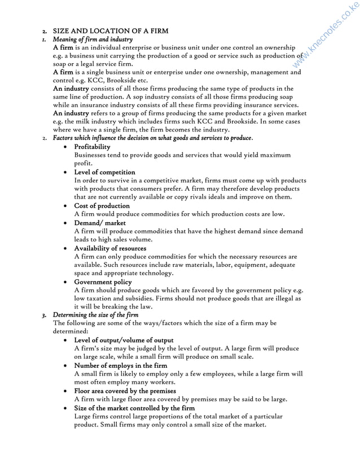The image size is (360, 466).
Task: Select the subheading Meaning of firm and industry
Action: tap(93, 39)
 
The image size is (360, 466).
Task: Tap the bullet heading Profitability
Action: tap(93, 147)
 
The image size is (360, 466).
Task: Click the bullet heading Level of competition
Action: tap(105, 172)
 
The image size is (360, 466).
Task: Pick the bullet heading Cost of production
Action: tap(102, 206)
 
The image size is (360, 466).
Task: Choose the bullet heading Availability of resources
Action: tap(110, 248)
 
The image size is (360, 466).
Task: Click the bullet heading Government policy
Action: tap(103, 282)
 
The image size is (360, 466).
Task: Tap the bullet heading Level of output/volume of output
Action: tap(124, 340)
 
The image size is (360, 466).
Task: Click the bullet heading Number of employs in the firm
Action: tap(121, 366)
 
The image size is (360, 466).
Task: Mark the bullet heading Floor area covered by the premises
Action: tap(125, 390)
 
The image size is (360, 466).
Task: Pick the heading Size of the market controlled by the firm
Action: tap(135, 407)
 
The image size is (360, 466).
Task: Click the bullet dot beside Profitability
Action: tap(67, 147)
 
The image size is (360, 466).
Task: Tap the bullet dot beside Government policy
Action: tap(67, 282)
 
